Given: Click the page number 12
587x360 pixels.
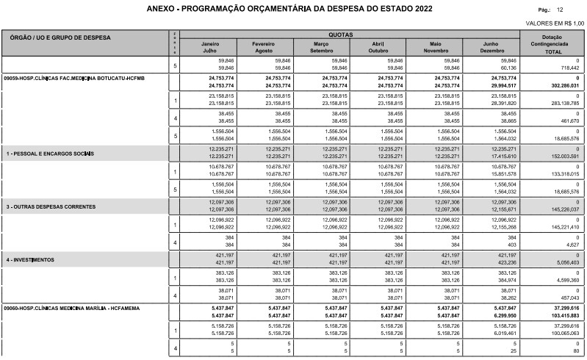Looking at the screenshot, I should tap(561, 10).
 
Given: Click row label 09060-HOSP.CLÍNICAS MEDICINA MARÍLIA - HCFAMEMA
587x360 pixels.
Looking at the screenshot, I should tap(71, 307).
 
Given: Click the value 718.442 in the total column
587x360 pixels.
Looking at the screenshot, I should tap(567, 67).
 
